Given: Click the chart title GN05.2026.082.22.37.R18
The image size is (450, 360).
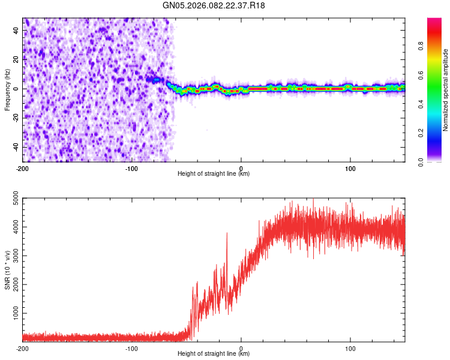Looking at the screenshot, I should [214, 5].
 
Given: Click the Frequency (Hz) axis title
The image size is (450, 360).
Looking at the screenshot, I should [7, 89].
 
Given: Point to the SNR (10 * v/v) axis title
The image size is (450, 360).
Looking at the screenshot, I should [7, 269].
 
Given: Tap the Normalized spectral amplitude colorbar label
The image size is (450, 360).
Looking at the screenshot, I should [446, 90].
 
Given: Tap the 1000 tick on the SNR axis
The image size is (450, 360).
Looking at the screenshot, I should [11, 313].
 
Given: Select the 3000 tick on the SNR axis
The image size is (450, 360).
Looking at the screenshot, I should [11, 256].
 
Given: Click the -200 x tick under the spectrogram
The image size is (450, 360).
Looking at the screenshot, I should [23, 168].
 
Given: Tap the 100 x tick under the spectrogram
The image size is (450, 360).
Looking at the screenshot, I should [350, 168].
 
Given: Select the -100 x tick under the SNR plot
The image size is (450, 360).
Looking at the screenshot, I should [132, 348].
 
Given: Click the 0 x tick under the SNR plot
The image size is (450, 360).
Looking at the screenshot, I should [241, 348].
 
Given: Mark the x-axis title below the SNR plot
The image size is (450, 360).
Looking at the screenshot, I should [214, 355].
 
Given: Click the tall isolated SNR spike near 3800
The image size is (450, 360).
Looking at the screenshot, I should [227, 234].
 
